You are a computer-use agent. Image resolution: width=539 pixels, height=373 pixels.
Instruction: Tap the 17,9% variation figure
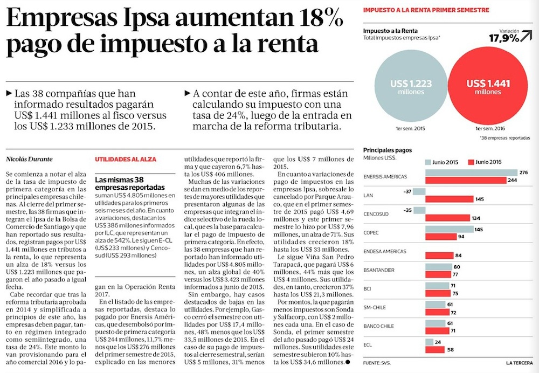click(504, 38)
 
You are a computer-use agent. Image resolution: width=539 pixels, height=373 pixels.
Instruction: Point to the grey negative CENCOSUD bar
click(420, 210)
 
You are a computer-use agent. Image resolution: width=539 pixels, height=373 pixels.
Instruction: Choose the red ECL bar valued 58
click(436, 350)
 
